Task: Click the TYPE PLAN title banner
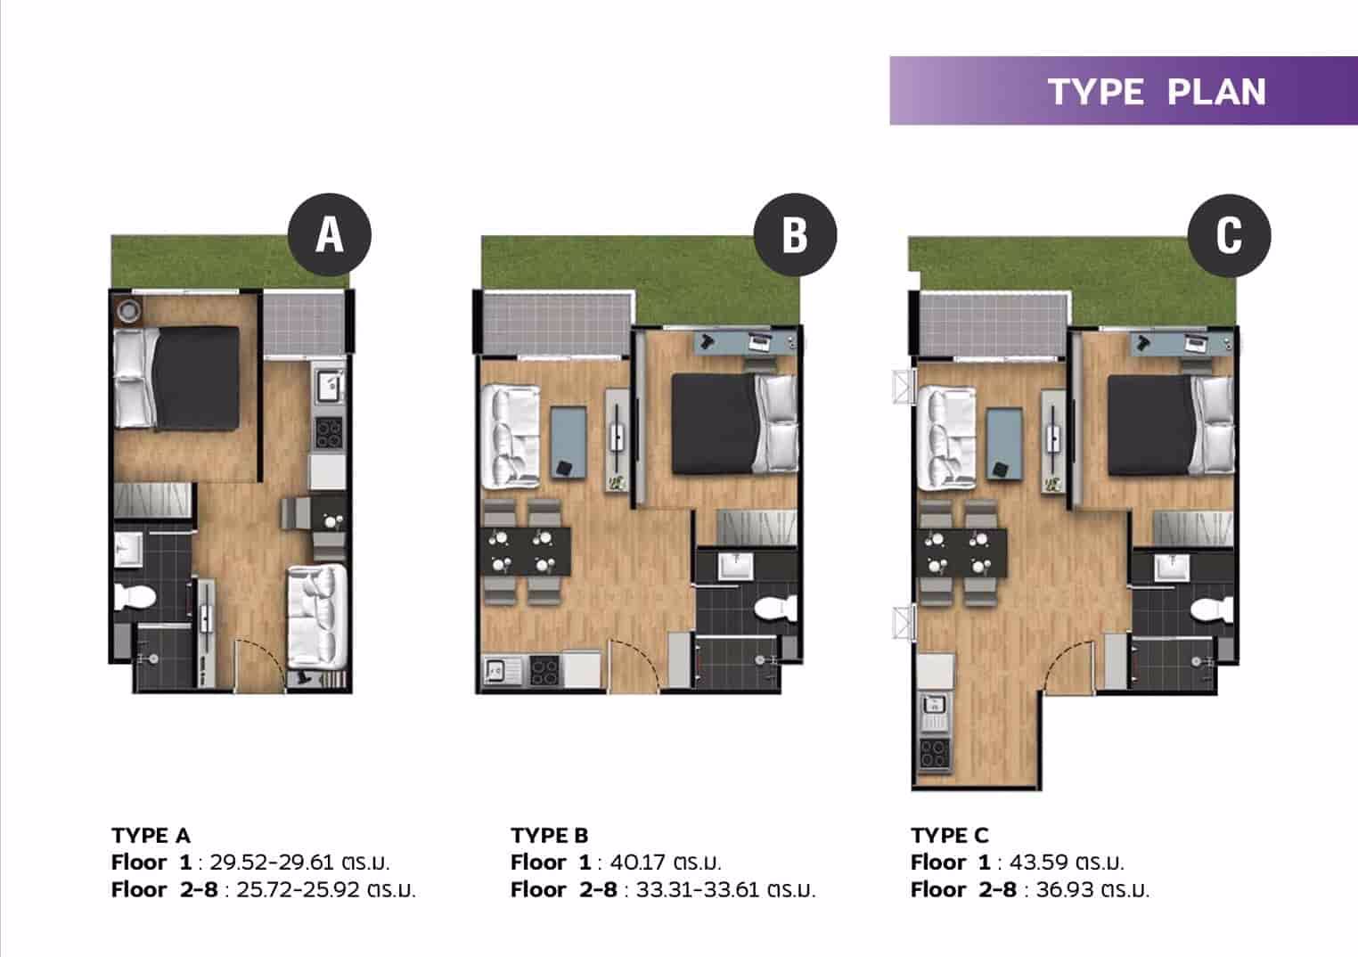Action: [x=1123, y=91]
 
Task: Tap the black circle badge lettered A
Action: [x=330, y=234]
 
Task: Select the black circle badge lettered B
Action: [x=794, y=234]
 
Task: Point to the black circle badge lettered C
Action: [x=1229, y=234]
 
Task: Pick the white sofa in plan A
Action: [x=316, y=615]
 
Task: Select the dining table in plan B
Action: [x=525, y=552]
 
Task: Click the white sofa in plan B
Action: [x=511, y=437]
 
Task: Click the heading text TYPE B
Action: [x=550, y=835]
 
